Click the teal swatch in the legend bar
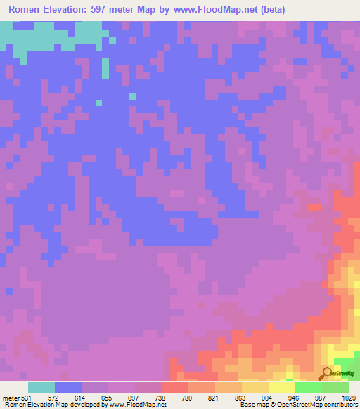tap(41, 387)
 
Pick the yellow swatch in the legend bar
tap(282, 387)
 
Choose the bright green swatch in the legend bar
tap(309, 387)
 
